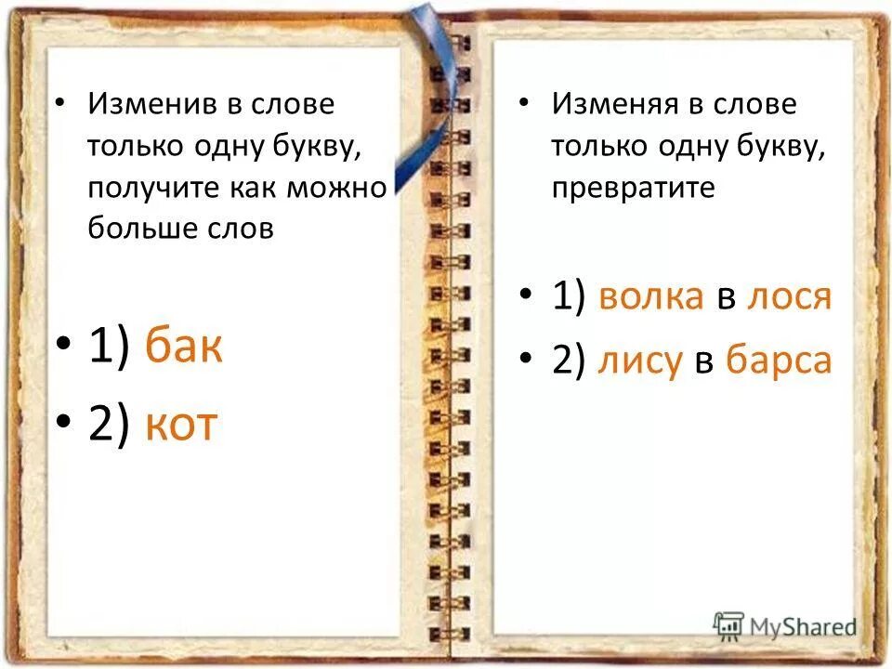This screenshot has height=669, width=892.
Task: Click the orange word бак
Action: point(184,348)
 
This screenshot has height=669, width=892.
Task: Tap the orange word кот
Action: point(181,424)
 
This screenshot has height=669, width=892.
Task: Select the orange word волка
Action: point(651,296)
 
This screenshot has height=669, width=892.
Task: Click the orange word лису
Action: point(639,360)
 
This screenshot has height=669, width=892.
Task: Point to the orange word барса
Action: point(778,360)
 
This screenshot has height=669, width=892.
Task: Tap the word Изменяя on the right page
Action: point(613,104)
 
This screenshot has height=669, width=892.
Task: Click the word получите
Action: point(151,187)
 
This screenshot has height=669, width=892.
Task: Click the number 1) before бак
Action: point(109,348)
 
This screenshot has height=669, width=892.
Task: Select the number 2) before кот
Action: point(109,424)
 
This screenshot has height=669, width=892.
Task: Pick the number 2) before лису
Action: point(568,360)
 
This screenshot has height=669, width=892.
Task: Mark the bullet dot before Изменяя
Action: point(526,104)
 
